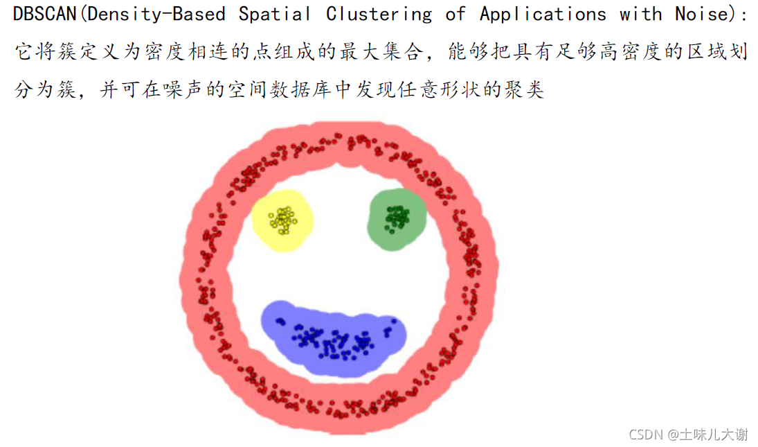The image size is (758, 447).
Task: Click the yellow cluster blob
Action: click(x=281, y=220)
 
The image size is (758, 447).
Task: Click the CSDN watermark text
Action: click(x=647, y=434)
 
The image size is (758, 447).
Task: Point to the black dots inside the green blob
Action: click(x=397, y=217)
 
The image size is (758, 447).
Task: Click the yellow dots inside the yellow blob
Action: click(x=282, y=220)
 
